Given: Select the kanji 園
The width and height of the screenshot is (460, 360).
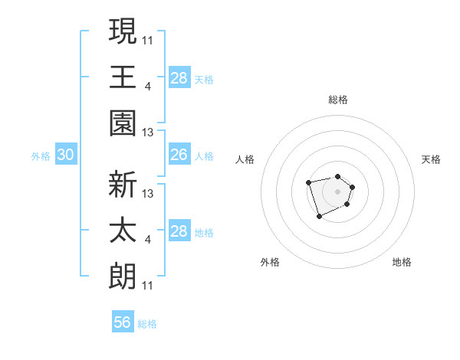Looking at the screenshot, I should [122, 123].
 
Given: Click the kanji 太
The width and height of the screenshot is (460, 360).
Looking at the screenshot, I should [122, 231].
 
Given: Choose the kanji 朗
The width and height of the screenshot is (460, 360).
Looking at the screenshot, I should [122, 277].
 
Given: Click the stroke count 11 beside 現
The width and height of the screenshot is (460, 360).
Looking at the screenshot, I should [148, 39].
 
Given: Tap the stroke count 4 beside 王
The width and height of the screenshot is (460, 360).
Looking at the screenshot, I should [147, 85].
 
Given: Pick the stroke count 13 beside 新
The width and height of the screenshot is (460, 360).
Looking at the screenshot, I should [148, 194].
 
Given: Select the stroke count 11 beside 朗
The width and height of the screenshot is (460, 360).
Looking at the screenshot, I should [148, 286].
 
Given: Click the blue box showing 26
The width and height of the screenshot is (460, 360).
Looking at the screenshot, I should [179, 155].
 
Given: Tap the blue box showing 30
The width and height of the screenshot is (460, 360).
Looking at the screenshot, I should [66, 155].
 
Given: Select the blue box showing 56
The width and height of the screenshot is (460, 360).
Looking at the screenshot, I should [123, 322].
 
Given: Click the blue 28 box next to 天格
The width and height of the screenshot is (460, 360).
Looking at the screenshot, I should [179, 78].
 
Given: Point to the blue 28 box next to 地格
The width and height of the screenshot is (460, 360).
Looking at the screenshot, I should [179, 231].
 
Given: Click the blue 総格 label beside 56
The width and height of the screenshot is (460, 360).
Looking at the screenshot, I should [147, 324].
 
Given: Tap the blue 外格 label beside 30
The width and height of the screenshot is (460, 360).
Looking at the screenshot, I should [41, 156].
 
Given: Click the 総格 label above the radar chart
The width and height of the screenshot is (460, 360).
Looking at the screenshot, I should [338, 100].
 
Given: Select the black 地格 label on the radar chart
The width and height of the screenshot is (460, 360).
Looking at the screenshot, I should [402, 262].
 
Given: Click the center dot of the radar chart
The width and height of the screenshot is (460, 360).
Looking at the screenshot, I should [337, 191].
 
